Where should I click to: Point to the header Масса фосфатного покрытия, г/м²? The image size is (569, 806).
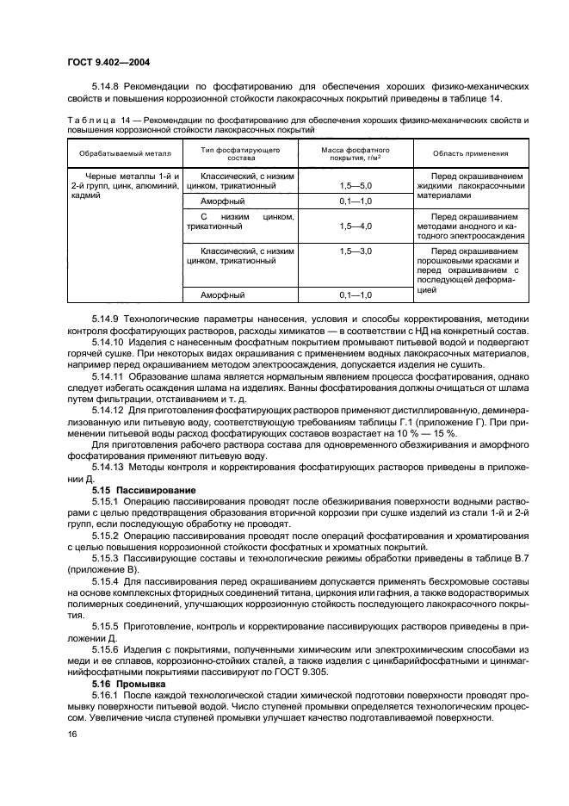point(351,153)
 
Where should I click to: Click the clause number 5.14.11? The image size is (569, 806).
point(109,375)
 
